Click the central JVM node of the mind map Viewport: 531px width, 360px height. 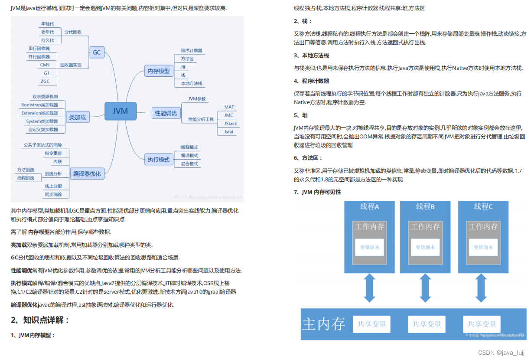coord(121,111)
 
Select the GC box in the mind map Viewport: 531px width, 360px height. coord(96,52)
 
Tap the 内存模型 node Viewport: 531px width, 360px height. coord(159,71)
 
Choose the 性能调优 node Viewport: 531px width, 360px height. coord(166,113)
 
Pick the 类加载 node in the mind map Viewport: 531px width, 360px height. coord(78,117)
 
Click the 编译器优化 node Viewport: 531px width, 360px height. coord(87,174)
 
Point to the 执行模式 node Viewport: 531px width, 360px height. coord(159,160)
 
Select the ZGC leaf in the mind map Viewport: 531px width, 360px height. coord(45,81)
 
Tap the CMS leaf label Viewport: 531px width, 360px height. coord(45,65)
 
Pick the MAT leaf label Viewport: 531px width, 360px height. coord(229,107)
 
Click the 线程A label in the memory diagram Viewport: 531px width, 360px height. coord(369,207)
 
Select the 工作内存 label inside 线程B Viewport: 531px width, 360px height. coord(425,226)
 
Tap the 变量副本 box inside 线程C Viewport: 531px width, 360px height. coord(484,247)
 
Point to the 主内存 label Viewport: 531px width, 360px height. coord(324,324)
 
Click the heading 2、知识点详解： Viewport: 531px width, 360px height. coord(40,321)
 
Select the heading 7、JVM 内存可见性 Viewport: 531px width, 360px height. coord(317,192)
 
